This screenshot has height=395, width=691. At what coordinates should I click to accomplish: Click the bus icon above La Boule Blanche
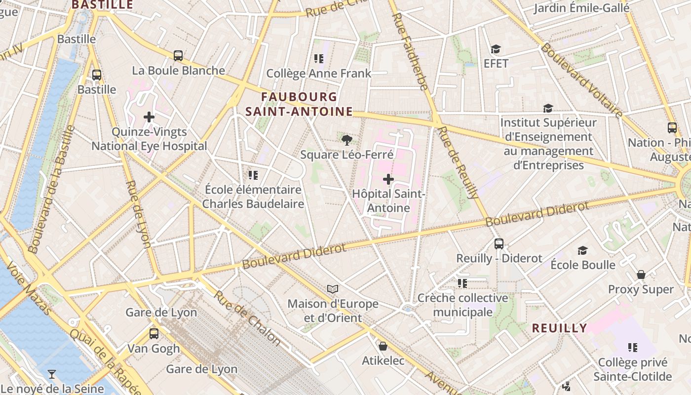pos(178,56)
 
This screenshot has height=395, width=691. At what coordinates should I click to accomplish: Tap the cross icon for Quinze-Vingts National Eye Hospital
pos(149,117)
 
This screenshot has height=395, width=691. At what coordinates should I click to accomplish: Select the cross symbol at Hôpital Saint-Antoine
pos(388,179)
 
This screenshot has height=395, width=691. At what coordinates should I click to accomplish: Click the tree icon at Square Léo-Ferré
pos(347,140)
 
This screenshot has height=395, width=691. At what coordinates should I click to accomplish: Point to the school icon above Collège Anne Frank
pos(319,59)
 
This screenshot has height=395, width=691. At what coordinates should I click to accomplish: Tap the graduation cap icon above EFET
pos(496,49)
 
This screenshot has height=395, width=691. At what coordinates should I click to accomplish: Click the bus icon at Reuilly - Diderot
pos(499,243)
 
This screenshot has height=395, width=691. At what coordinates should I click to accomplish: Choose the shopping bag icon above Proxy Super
pos(641,275)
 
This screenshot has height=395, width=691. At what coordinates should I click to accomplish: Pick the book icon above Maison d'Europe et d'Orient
pos(333,289)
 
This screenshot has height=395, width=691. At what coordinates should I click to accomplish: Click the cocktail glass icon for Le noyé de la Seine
pos(52,374)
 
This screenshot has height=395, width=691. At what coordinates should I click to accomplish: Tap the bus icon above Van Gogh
pos(154,334)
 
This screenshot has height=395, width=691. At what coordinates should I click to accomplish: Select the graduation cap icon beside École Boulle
pos(583,250)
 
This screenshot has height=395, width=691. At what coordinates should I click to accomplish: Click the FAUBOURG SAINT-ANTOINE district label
pos(299,104)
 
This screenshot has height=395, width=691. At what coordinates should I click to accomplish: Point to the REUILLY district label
pos(559,328)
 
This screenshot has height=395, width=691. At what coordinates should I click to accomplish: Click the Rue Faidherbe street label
pos(410,52)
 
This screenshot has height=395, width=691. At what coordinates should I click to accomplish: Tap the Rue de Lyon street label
pos(138,213)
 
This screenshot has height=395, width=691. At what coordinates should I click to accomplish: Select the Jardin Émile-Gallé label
pos(581,8)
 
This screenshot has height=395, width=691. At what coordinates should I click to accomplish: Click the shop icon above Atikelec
pos(383,346)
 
